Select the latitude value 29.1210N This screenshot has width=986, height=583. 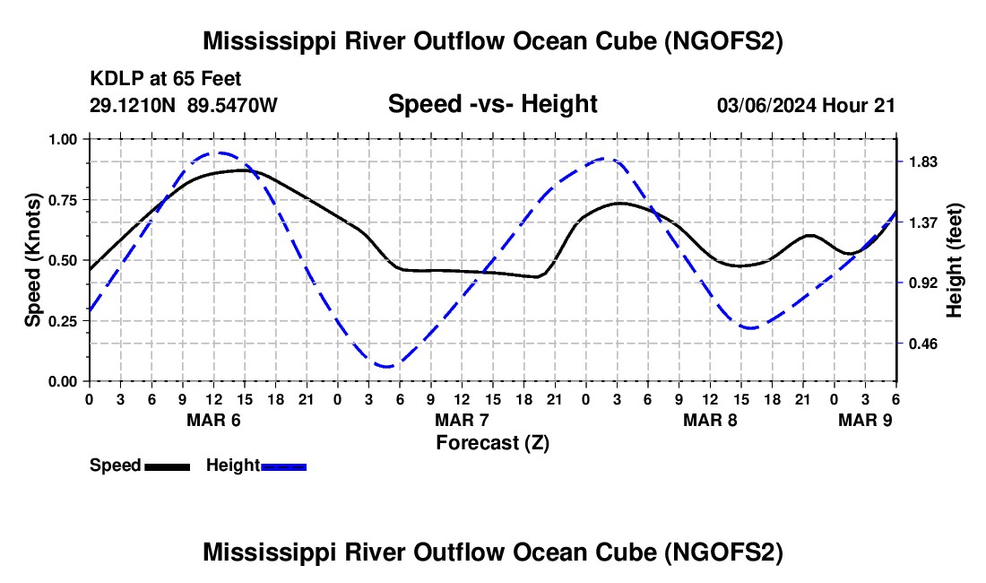pyautogui.click(x=133, y=105)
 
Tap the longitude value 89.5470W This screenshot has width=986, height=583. pyautogui.click(x=232, y=105)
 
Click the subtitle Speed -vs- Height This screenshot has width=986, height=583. pyautogui.click(x=492, y=104)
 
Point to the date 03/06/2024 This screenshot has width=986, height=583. pyautogui.click(x=766, y=105)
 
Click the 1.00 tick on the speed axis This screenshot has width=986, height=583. pyautogui.click(x=62, y=139)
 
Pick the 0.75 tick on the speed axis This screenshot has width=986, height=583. pyautogui.click(x=62, y=200)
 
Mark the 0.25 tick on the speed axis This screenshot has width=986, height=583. pyautogui.click(x=62, y=321)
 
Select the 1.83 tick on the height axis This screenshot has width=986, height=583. pyautogui.click(x=923, y=162)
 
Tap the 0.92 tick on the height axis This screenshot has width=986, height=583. pyautogui.click(x=923, y=283)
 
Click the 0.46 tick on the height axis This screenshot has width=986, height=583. pyautogui.click(x=923, y=344)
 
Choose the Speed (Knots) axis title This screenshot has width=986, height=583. pyautogui.click(x=32, y=260)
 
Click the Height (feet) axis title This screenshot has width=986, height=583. pyautogui.click(x=954, y=260)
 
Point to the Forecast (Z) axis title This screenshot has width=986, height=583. pyautogui.click(x=492, y=443)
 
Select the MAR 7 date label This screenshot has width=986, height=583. pyautogui.click(x=463, y=420)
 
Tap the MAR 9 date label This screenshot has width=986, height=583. pyautogui.click(x=865, y=420)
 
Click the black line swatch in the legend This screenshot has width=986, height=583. pyautogui.click(x=168, y=467)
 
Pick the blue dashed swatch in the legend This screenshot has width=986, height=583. pyautogui.click(x=283, y=467)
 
